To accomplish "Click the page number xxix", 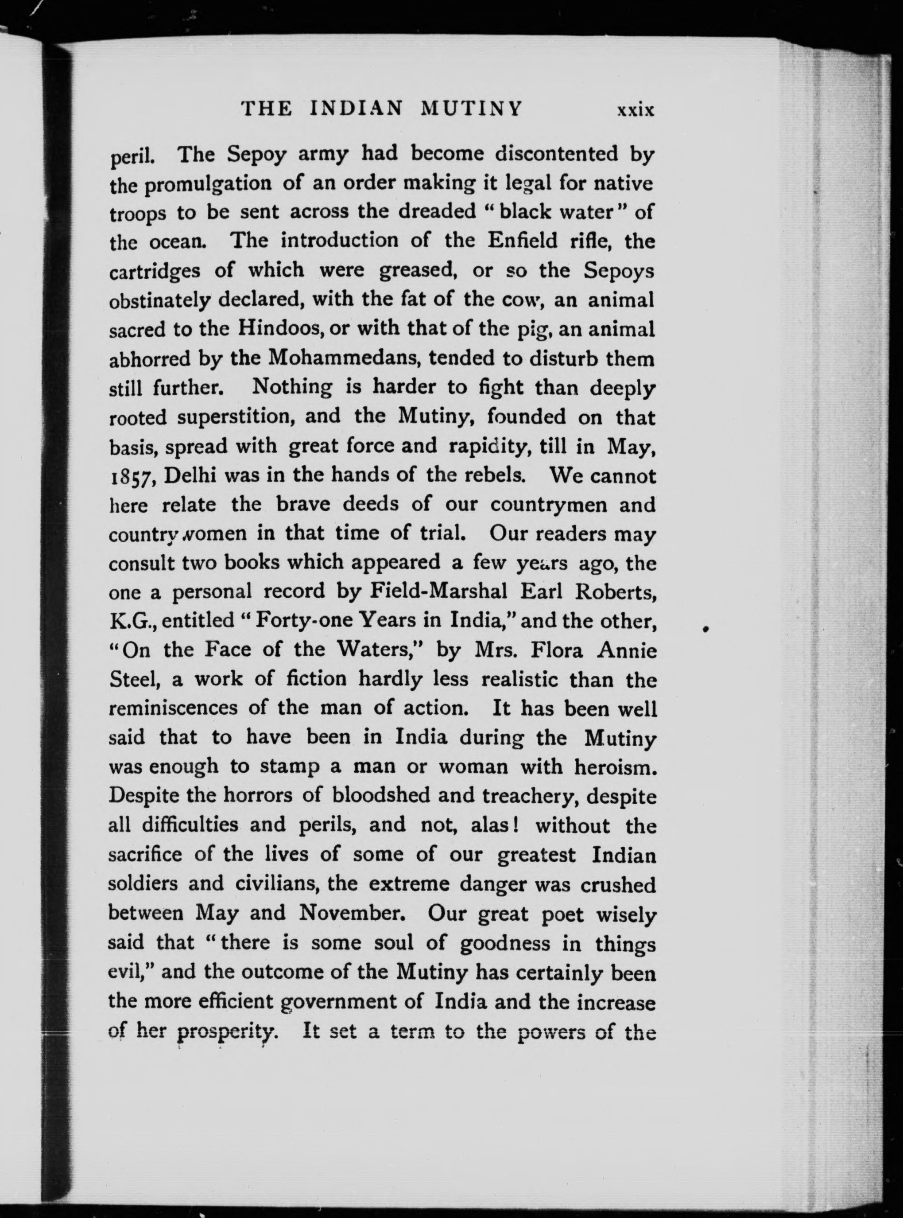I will coord(635,110).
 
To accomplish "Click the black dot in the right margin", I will coord(705,629).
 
